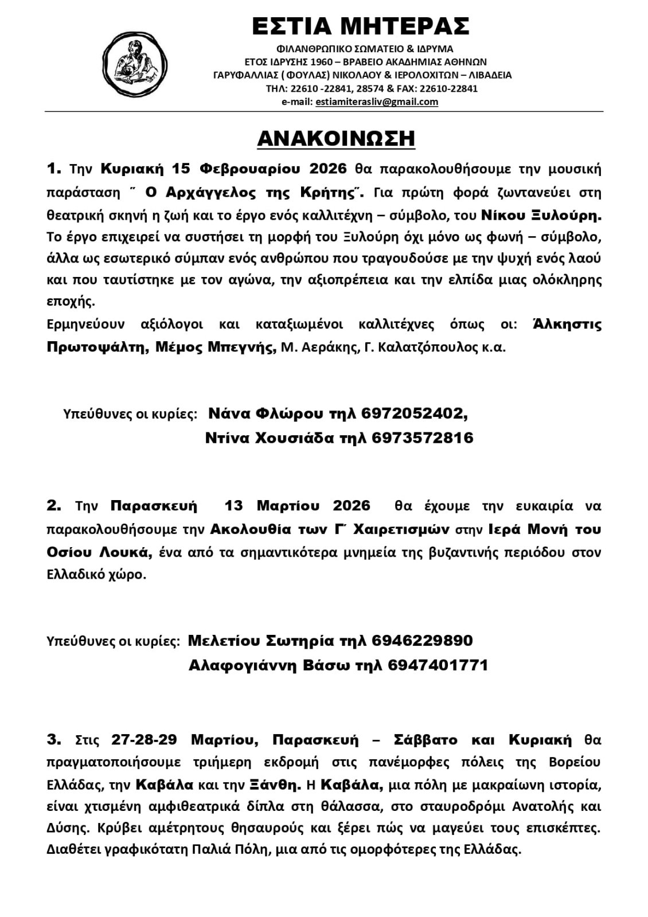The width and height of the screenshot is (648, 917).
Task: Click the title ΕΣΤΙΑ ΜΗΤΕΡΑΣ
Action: [x=361, y=26]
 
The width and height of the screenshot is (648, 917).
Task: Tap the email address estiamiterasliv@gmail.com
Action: [x=377, y=102]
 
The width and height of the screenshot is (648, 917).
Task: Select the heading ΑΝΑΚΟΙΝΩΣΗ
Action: [x=336, y=139]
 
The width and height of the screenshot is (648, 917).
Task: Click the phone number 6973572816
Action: [x=423, y=438]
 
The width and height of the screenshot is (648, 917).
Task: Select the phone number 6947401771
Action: [x=438, y=665]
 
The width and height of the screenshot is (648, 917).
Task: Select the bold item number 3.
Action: [x=53, y=740]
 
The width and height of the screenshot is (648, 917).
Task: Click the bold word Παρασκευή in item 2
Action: [x=154, y=506]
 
